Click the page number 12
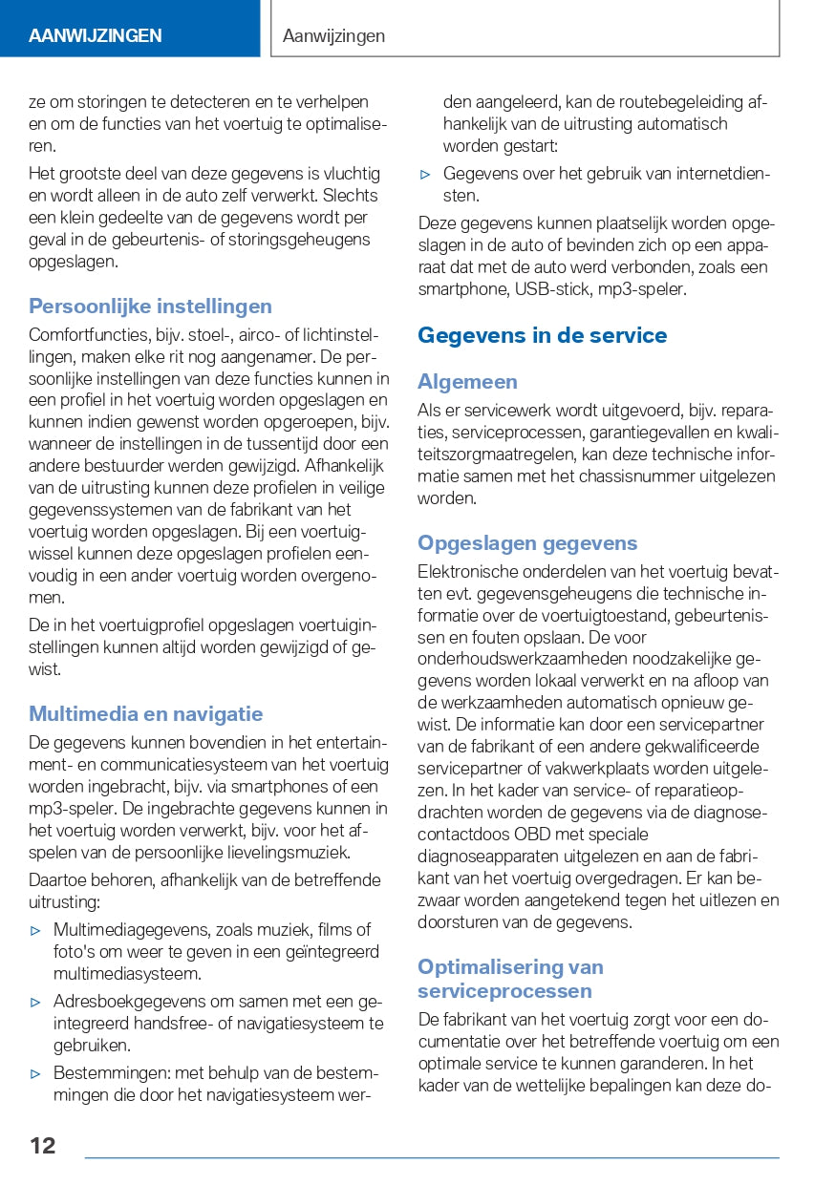[x=42, y=1145]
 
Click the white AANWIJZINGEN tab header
[x=95, y=36]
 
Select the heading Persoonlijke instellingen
[x=150, y=307]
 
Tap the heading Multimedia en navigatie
[x=145, y=714]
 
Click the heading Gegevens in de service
[x=542, y=335]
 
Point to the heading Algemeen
[x=467, y=382]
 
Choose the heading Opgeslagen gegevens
[x=526, y=543]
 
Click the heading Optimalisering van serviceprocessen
[x=510, y=978]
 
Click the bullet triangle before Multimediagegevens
[x=36, y=930]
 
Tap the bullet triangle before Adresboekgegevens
[x=36, y=1002]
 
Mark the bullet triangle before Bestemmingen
[x=36, y=1073]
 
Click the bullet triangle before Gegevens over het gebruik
[x=426, y=174]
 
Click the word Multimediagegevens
[x=132, y=930]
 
